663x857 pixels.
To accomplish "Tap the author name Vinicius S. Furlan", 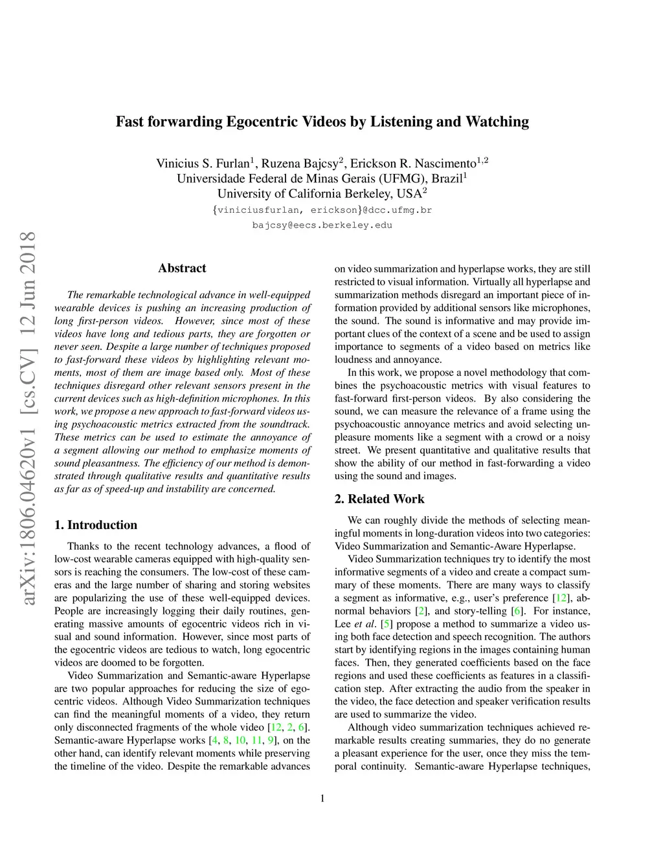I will [x=203, y=163].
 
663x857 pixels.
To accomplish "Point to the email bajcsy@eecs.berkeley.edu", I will [x=322, y=225].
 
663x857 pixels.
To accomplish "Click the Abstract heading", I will [x=182, y=268].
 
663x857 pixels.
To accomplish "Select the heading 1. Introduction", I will [x=96, y=525].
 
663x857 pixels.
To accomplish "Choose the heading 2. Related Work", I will [x=379, y=499].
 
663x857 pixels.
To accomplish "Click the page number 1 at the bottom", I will [x=322, y=798].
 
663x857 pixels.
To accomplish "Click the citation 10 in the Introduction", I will [x=240, y=741].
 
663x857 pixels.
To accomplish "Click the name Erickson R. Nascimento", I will [x=413, y=163].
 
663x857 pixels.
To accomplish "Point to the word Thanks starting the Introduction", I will [x=84, y=547].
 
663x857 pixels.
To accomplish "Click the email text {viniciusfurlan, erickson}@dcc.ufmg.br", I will [x=322, y=210].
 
